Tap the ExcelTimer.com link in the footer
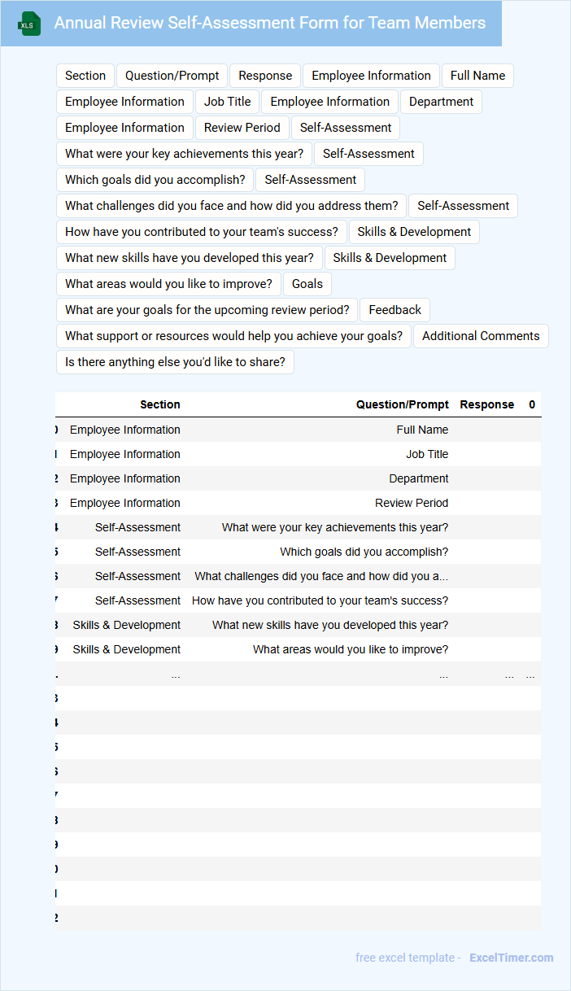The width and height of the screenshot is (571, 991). coord(511,958)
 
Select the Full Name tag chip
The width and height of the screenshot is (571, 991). coord(477,76)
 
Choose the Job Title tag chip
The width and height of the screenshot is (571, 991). coord(227,102)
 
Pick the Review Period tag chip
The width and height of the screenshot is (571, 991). coord(242,128)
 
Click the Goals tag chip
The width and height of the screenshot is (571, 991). coord(307,284)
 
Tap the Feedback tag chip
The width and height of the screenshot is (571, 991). coord(394,310)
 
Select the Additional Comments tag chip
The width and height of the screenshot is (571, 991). coord(481,336)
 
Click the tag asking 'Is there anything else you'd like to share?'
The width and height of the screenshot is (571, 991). coord(175,362)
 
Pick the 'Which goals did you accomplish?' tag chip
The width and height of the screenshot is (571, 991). coord(155,180)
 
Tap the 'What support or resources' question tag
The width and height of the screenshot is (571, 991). coord(233,336)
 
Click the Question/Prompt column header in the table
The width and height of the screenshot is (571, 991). coord(402,404)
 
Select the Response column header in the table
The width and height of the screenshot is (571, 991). coord(486,404)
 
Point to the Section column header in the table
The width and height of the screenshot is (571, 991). coord(160,404)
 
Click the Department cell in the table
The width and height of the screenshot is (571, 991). coord(418,478)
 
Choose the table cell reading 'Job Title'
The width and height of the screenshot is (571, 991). coord(427,454)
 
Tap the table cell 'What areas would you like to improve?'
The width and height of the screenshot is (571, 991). coord(350,649)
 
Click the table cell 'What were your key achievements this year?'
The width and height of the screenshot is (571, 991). coord(334,527)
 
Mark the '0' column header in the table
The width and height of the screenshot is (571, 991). coord(532,404)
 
